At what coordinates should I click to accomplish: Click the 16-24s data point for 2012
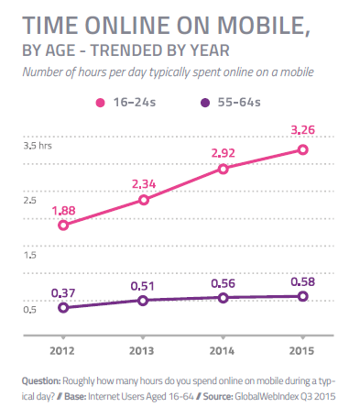[x=63, y=225]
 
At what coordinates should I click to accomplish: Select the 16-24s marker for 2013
[x=143, y=200]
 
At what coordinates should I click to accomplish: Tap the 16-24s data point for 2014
[x=223, y=169]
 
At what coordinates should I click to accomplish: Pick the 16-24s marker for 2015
[x=303, y=149]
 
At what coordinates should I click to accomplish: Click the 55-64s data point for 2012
[x=63, y=307]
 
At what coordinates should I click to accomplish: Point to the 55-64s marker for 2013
[x=143, y=300]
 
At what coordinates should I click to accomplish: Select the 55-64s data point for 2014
[x=223, y=297]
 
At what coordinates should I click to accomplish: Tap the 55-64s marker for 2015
[x=303, y=296]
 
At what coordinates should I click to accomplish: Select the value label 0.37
[x=63, y=291]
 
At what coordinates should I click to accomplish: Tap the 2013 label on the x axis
[x=143, y=350]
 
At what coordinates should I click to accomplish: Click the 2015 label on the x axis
[x=303, y=350]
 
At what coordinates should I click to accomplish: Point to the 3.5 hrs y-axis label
[x=37, y=146]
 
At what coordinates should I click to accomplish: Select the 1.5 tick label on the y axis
[x=29, y=254]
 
